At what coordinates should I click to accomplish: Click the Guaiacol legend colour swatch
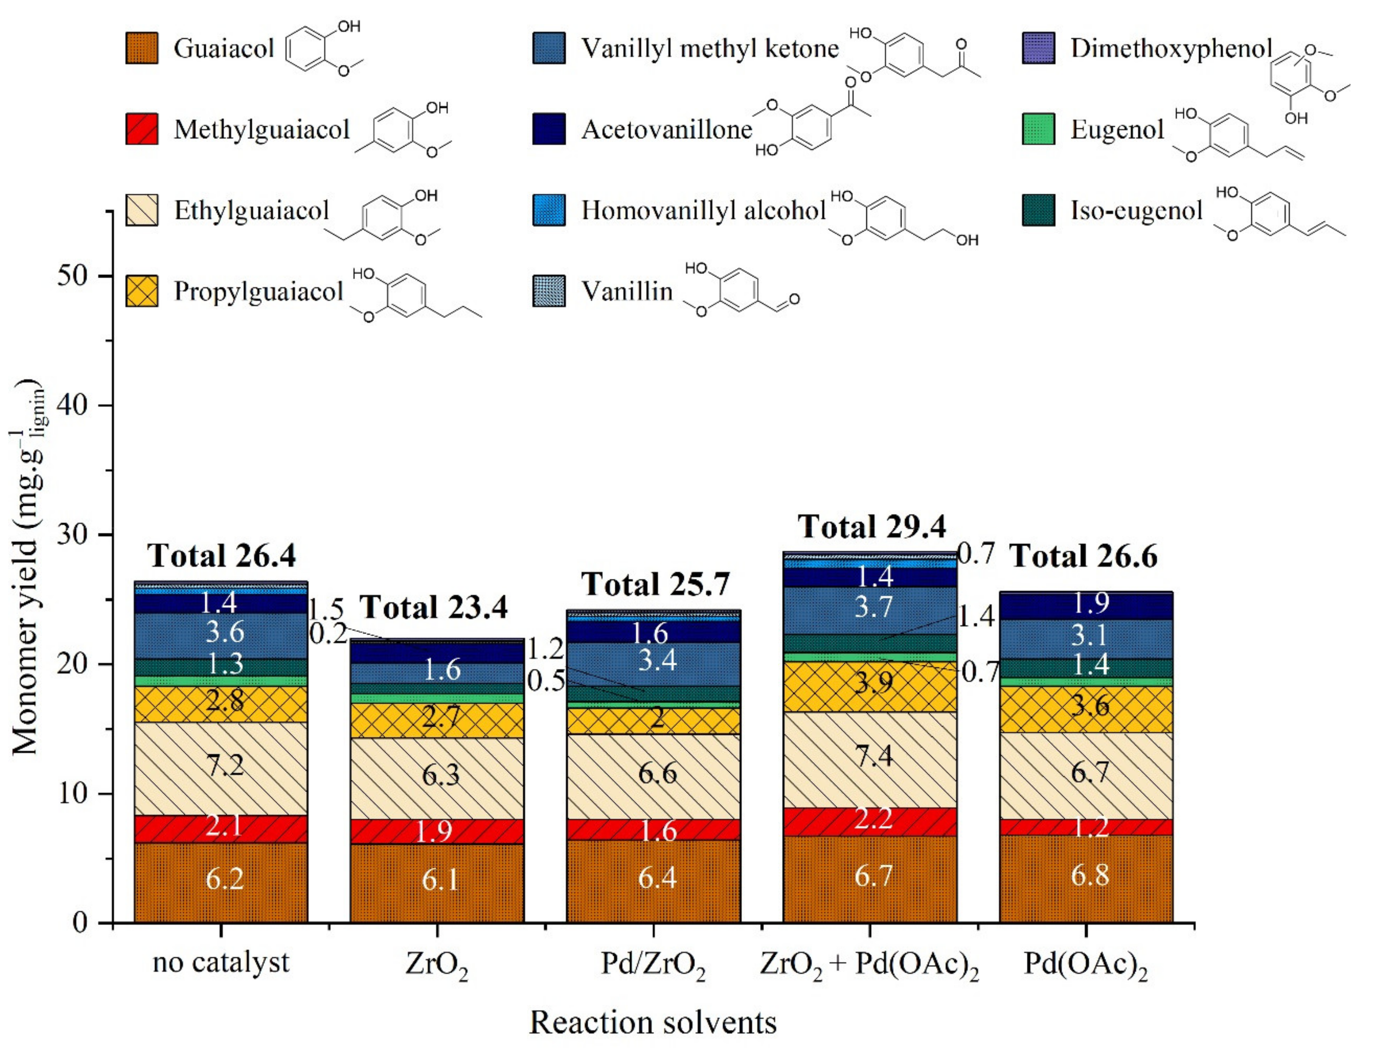click(x=142, y=49)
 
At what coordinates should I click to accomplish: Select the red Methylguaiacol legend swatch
click(x=142, y=129)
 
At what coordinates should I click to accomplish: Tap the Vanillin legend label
click(x=627, y=292)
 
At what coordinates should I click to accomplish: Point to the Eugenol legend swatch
click(x=1038, y=129)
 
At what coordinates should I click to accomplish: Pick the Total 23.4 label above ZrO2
click(x=434, y=607)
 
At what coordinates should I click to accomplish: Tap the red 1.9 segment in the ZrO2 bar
click(x=436, y=831)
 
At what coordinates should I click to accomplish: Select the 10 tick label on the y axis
click(x=74, y=793)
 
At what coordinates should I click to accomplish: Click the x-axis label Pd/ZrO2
click(x=653, y=965)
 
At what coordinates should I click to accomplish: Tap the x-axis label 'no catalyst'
click(x=221, y=962)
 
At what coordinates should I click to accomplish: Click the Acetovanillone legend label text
click(x=667, y=129)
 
